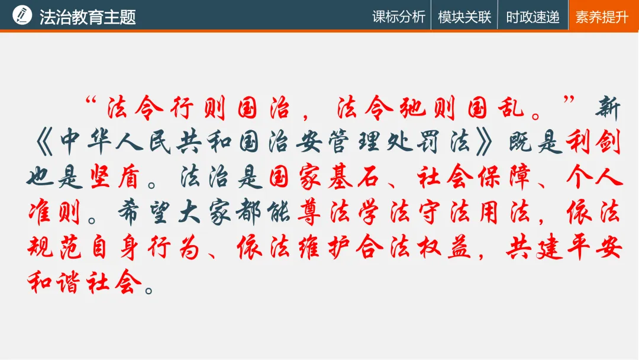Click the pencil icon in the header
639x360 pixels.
click(22, 15)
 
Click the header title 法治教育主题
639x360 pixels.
click(88, 16)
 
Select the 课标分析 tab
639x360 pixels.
click(399, 16)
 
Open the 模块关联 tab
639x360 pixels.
click(464, 16)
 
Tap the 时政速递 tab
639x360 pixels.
click(532, 16)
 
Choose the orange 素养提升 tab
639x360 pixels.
click(602, 16)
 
